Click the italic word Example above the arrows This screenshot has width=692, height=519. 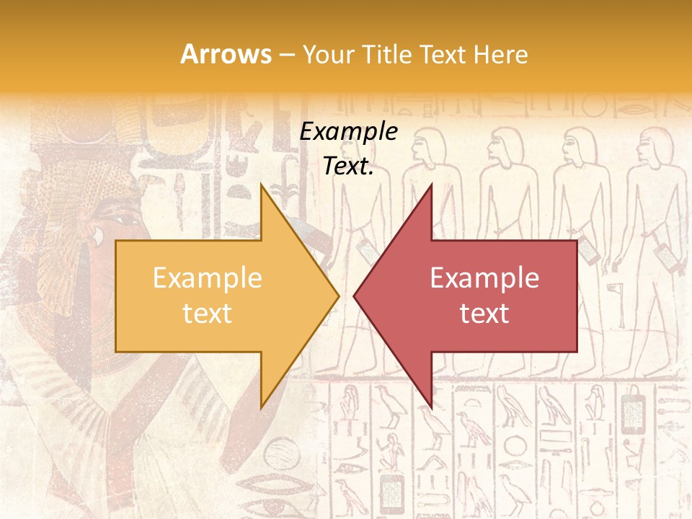(348, 132)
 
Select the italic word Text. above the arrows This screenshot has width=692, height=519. (348, 167)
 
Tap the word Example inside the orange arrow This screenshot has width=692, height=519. (208, 278)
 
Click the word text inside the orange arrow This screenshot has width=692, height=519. (208, 313)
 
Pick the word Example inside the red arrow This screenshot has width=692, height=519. (484, 278)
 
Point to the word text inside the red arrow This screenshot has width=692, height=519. (484, 313)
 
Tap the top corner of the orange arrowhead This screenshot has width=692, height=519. (262, 185)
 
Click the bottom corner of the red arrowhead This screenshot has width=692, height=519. (431, 407)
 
